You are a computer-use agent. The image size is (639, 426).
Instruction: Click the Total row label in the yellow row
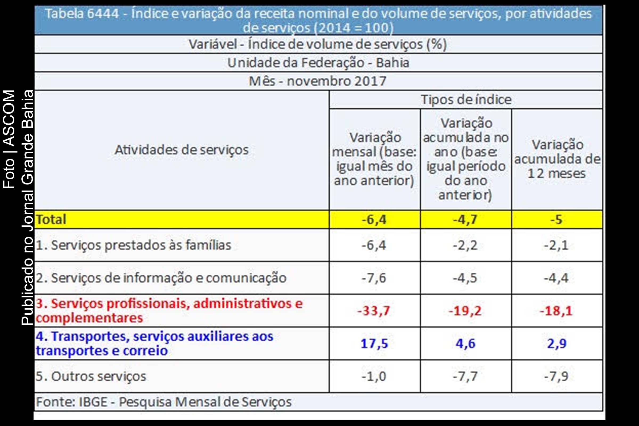tap(51, 219)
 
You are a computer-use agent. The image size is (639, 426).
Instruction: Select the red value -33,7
tap(374, 310)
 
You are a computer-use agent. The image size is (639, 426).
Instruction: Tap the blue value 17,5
tap(374, 343)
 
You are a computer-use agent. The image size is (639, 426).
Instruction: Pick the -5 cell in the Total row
tap(556, 219)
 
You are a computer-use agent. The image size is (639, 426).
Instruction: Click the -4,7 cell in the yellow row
tap(465, 219)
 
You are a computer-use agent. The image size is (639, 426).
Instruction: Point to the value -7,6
tap(374, 278)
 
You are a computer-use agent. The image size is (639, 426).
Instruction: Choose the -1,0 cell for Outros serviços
tap(374, 376)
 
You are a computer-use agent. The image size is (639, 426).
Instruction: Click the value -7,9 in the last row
tap(556, 376)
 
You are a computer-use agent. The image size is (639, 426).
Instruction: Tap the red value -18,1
tap(556, 310)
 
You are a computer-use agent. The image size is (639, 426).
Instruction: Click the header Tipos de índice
tap(466, 100)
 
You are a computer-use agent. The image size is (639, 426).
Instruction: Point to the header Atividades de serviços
tap(182, 150)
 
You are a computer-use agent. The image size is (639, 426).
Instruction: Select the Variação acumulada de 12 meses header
tap(557, 159)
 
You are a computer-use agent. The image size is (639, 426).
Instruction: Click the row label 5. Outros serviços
tap(91, 376)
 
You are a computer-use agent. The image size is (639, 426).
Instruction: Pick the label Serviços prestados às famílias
tap(141, 245)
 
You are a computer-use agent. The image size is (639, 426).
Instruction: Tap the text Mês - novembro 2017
tap(318, 81)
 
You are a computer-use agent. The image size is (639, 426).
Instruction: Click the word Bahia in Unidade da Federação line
tap(392, 63)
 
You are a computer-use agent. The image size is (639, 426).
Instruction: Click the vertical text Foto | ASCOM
tap(9, 139)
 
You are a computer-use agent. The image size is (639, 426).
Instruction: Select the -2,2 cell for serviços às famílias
tap(465, 245)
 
